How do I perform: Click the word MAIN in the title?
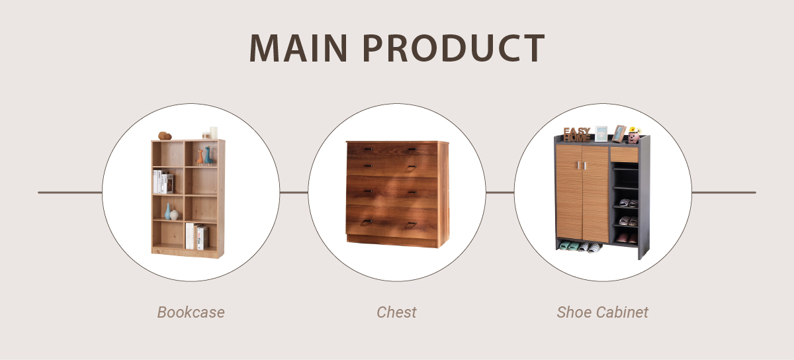coord(298,48)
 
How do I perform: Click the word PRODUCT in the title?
coord(454,48)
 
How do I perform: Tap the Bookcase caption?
coord(191,312)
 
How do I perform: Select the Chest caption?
coord(396,312)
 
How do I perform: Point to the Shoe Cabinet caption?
coord(602,312)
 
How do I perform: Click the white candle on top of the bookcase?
coord(213,132)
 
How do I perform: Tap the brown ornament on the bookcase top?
coord(165,136)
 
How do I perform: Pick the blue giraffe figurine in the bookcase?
coord(208,156)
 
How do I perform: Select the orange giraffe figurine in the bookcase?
coord(200,157)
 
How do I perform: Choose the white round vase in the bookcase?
coord(174,214)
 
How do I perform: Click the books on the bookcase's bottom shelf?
coord(196,236)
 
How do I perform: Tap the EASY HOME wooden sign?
coord(577,134)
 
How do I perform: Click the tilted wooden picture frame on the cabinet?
coord(619,134)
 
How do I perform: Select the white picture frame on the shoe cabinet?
coord(601,134)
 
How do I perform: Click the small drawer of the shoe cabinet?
coord(624,155)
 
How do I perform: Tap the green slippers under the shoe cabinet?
coord(566,246)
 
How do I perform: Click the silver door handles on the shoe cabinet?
coord(582,165)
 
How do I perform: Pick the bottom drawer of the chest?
coord(392,222)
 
